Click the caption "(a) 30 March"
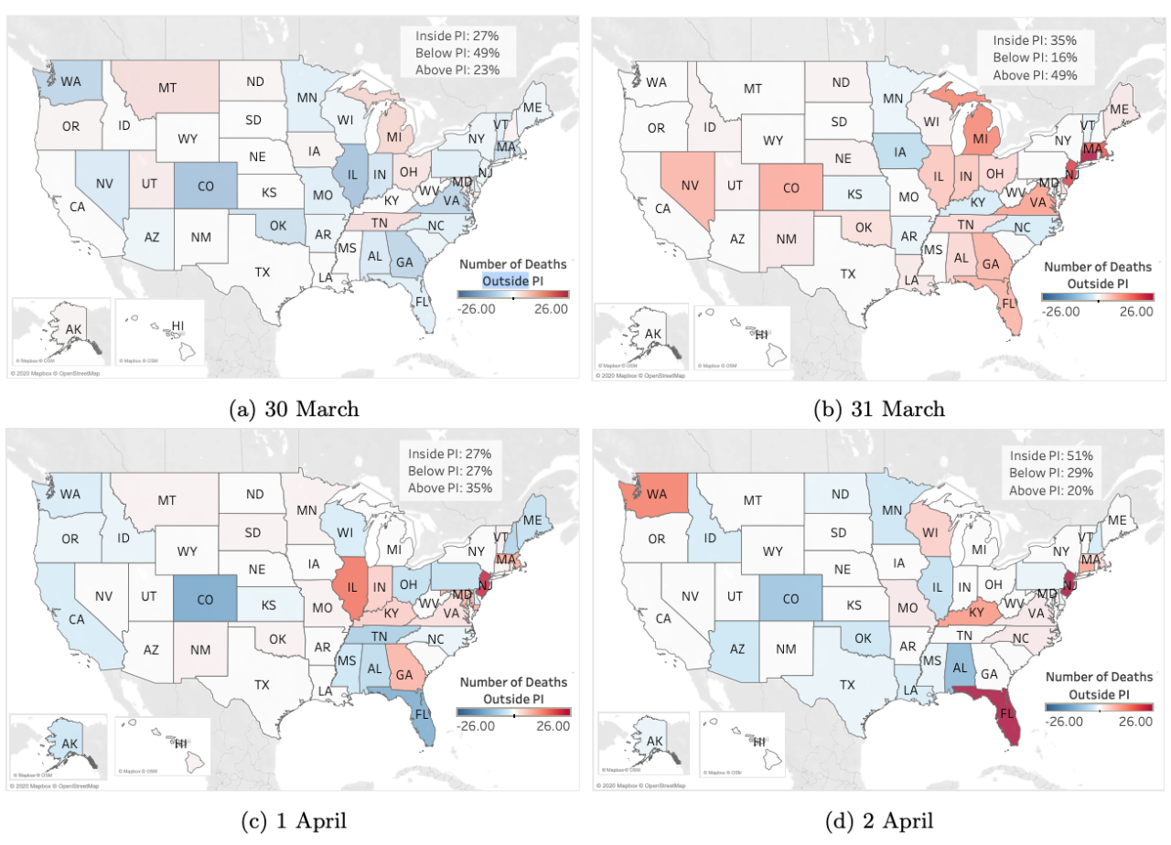click(x=293, y=408)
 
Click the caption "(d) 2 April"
click(x=877, y=820)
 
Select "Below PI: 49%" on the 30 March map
click(x=456, y=53)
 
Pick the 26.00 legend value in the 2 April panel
click(x=1135, y=722)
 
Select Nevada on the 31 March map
click(x=689, y=187)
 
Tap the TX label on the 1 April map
click(x=262, y=684)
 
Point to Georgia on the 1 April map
click(x=403, y=674)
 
